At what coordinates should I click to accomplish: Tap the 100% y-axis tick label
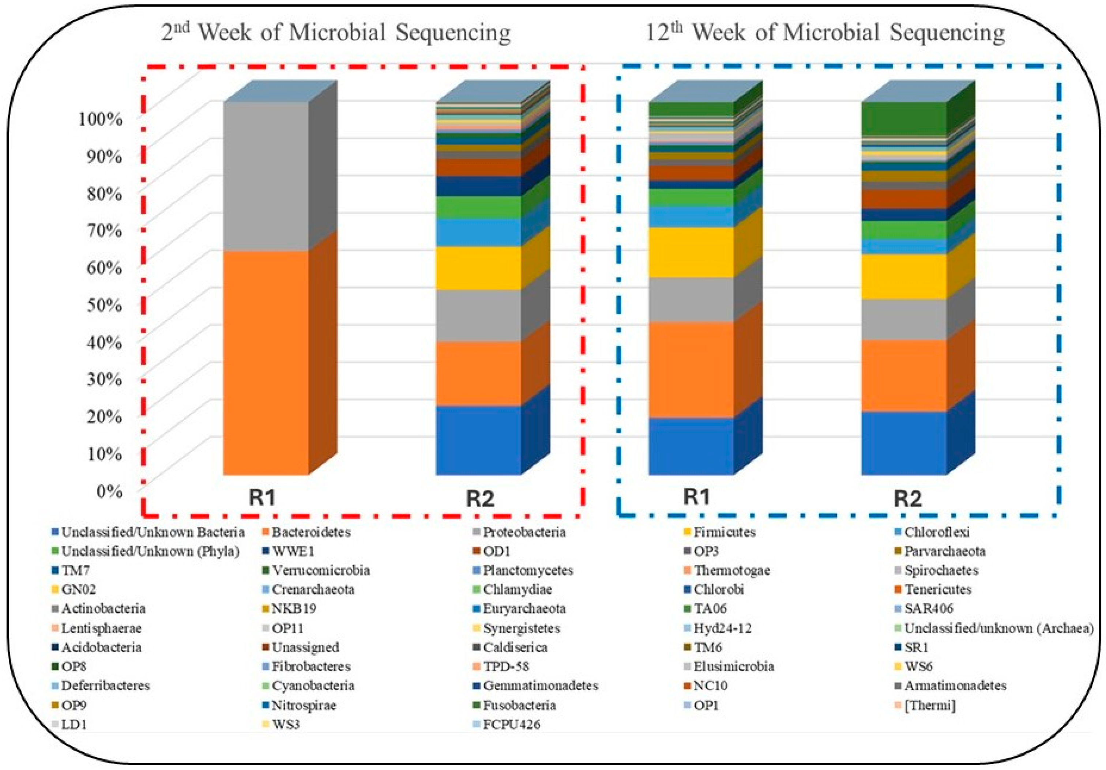100,118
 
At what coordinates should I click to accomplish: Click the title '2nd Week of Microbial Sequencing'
336,33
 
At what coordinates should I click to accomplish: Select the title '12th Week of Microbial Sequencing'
825,33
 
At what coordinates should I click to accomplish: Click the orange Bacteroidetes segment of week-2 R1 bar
266,361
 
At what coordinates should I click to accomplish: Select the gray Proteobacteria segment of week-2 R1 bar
266,176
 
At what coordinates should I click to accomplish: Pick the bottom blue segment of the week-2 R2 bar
478,439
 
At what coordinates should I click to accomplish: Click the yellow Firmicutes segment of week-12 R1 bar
691,252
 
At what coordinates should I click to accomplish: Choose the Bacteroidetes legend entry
311,532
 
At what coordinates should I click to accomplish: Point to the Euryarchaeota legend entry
524,609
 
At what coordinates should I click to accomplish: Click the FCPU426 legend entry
512,724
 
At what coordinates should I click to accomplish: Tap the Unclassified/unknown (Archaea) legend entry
998,628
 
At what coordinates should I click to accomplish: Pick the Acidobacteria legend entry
101,647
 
